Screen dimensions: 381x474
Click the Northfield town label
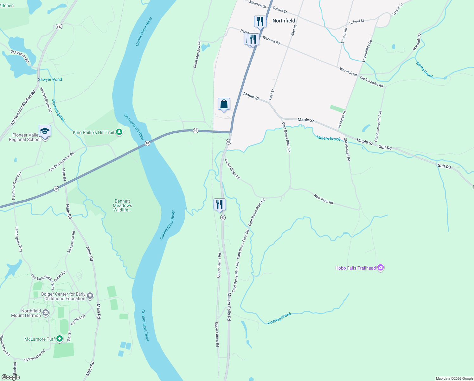pos(284,21)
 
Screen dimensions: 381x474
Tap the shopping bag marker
pos(224,104)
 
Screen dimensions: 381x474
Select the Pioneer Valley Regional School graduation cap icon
pos(45,131)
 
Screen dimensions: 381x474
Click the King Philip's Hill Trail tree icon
pos(119,132)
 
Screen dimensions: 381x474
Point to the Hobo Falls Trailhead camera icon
pos(381,268)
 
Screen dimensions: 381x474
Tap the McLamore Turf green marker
pos(60,339)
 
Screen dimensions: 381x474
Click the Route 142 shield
pos(59,26)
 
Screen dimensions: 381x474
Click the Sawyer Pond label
pos(50,79)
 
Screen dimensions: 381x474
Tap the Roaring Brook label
pos(279,319)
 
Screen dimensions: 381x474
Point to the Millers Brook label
pos(328,138)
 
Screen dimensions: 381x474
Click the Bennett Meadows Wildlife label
pos(122,205)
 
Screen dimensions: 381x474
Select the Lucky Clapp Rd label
pos(232,169)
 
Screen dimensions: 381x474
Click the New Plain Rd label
pos(323,199)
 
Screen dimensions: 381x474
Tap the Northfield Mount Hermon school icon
pos(46,313)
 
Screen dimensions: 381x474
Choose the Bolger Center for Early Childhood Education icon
pos(90,296)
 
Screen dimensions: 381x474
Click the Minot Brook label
pos(425,70)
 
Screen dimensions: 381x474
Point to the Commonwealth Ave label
pos(378,126)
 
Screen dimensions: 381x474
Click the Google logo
pos(10,377)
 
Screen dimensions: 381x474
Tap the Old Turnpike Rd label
pos(371,82)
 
